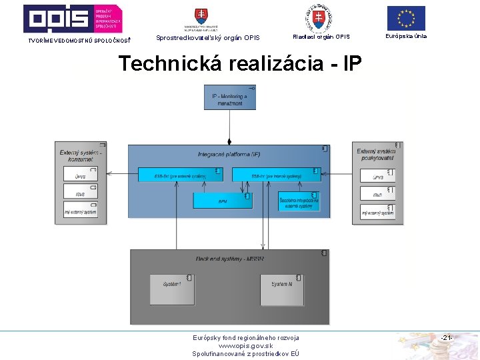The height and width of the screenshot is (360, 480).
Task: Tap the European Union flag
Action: point(405,18)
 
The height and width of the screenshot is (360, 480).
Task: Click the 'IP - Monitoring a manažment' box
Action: point(229,98)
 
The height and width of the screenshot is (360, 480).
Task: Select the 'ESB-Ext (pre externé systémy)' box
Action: point(179,175)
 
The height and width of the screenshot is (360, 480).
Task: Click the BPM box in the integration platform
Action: point(221,200)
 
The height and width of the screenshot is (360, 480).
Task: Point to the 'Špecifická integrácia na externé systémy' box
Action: point(299,201)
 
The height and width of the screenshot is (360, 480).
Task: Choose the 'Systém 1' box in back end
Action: point(171,287)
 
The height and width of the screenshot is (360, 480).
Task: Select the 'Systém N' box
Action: point(282,287)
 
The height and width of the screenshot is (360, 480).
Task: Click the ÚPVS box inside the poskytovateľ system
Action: point(377,177)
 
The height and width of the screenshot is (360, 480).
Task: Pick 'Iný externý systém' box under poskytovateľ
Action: point(377,212)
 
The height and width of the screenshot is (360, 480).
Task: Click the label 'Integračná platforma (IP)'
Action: point(229,154)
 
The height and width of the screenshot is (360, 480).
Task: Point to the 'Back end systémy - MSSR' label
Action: point(230,259)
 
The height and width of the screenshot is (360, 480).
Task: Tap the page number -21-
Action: point(446,339)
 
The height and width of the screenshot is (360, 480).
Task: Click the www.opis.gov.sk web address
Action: point(245,346)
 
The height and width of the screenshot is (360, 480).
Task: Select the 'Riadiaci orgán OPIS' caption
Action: point(321,37)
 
